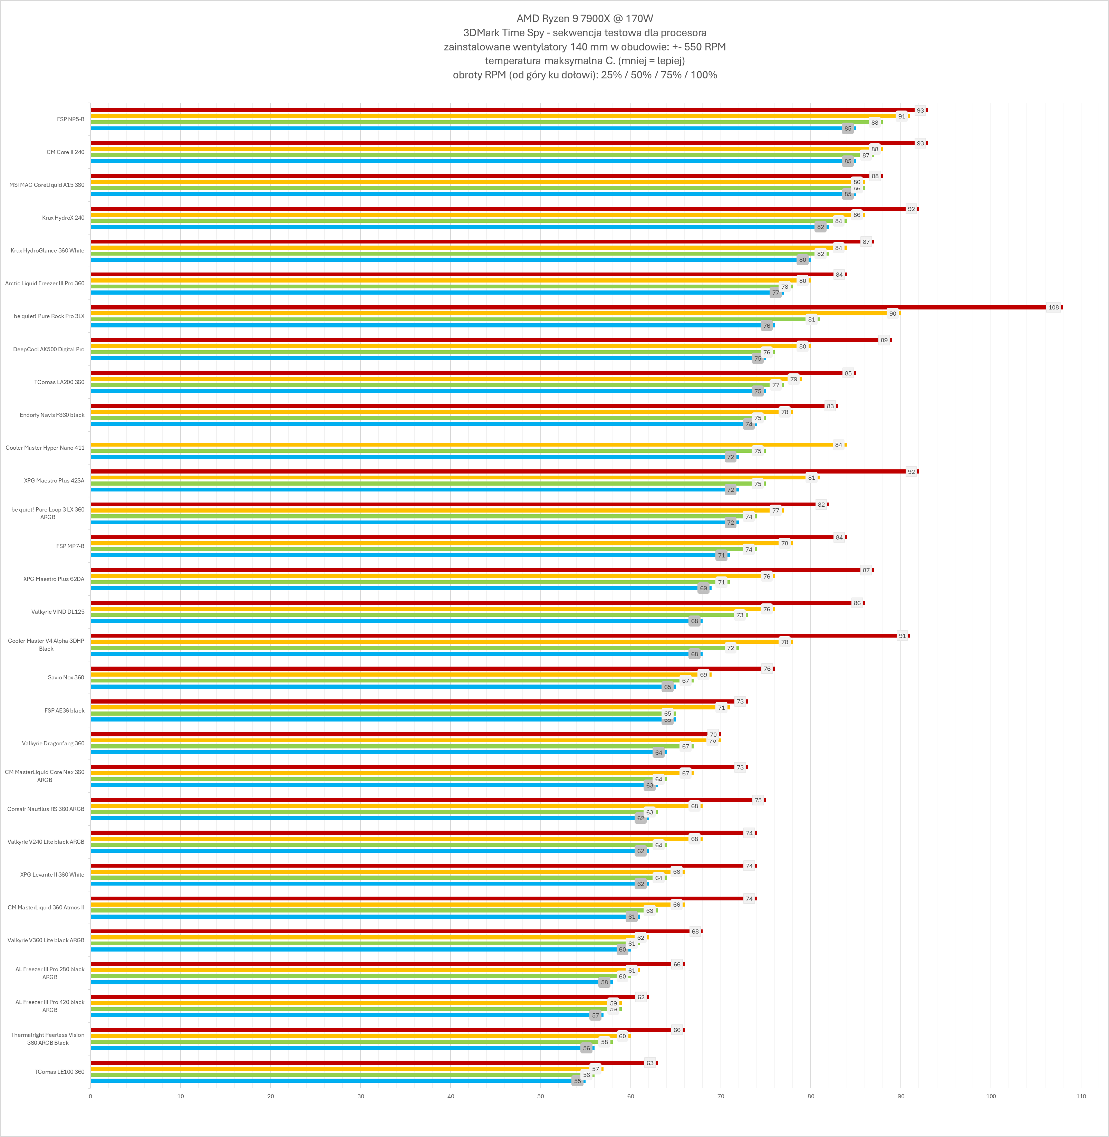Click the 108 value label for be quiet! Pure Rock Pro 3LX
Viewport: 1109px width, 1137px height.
pos(1053,307)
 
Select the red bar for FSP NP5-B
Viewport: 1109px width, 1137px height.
pos(501,110)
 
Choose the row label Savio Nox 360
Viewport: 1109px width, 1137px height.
pos(66,677)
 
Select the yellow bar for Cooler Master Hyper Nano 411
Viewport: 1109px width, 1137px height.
pos(460,445)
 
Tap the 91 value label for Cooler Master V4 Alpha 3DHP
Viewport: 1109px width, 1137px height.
pos(901,636)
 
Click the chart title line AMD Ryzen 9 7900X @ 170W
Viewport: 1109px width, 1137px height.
pos(585,19)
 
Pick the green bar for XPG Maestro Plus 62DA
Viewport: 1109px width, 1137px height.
pos(402,582)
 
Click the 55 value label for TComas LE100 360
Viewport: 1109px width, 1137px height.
pos(577,1081)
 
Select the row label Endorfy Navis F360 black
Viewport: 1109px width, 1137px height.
pos(52,415)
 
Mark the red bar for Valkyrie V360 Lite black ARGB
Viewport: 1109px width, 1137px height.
pos(390,931)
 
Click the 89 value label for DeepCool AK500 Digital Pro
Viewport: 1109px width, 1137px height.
pos(884,340)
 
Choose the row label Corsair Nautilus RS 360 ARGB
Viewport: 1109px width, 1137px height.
pos(46,809)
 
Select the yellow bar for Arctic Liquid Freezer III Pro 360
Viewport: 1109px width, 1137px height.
pos(443,280)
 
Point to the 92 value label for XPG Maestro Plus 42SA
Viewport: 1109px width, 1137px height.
pos(911,471)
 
